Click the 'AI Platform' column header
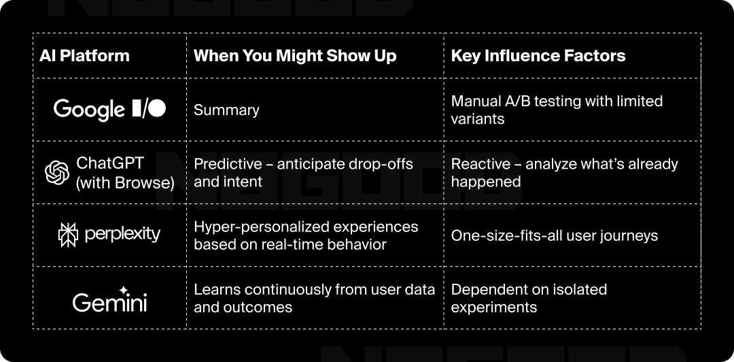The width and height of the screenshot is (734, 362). tap(84, 56)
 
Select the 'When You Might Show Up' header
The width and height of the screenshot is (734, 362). tap(295, 56)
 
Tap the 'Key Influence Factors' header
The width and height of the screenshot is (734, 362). tap(538, 56)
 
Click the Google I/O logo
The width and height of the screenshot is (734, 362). tap(109, 110)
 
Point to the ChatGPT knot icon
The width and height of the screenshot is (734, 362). tap(57, 173)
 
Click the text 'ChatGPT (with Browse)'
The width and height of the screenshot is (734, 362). tap(125, 173)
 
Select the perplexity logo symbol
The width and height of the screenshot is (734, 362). tap(68, 235)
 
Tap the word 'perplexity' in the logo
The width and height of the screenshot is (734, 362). tap(122, 234)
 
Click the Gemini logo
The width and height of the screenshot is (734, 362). tap(109, 299)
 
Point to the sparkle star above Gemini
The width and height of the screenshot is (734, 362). tap(124, 291)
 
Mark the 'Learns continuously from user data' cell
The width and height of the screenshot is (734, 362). tap(315, 298)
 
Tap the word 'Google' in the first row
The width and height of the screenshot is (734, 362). tap(89, 110)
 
